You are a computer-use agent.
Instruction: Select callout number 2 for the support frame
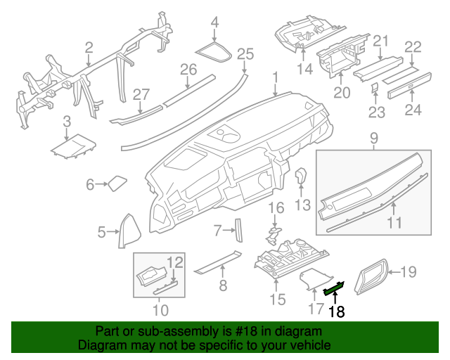pos(89,48)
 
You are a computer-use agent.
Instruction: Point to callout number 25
pos(244,53)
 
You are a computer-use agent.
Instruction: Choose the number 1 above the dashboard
pos(276,77)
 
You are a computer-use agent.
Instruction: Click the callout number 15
pos(277,300)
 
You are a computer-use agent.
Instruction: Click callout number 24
pos(413,109)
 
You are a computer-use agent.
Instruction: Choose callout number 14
pos(304,68)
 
